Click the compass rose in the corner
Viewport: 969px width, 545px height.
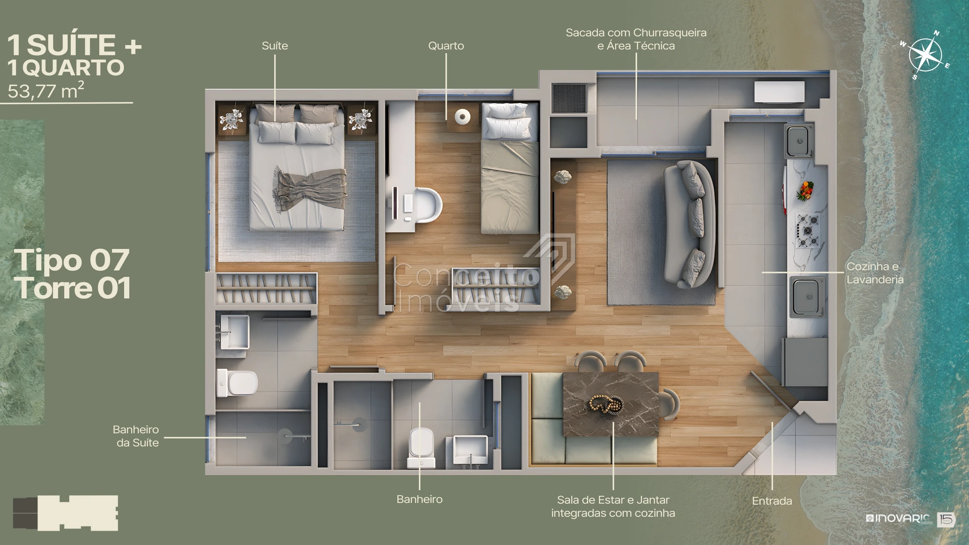[926, 55]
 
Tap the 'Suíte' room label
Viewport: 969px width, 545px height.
[275, 45]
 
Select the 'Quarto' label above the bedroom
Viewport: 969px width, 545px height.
[446, 45]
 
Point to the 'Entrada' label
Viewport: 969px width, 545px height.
[772, 501]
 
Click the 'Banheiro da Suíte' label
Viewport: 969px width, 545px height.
[136, 436]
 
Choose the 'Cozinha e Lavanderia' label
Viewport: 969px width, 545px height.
[875, 272]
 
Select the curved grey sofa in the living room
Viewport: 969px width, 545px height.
[689, 224]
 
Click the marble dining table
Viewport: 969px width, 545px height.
[611, 404]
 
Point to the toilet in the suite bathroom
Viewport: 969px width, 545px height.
[237, 383]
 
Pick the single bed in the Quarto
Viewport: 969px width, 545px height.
[510, 168]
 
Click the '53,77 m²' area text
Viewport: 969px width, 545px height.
[46, 90]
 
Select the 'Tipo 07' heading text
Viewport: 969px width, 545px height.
[72, 260]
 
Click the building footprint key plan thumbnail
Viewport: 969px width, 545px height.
[66, 513]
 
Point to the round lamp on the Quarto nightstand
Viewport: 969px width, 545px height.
[462, 117]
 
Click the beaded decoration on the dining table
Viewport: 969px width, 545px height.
[606, 404]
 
